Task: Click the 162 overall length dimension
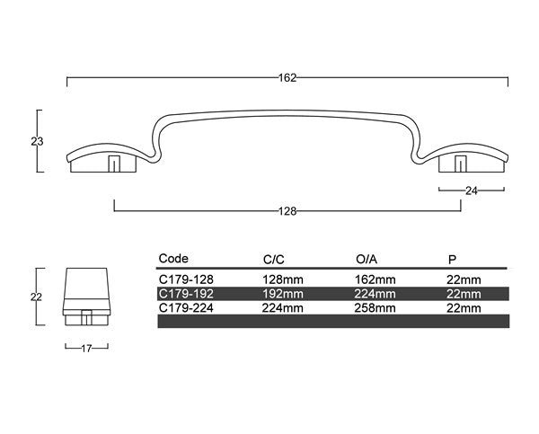point(287,77)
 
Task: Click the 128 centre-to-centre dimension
point(287,211)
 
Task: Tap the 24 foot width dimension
point(472,190)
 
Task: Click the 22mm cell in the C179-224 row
point(463,306)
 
